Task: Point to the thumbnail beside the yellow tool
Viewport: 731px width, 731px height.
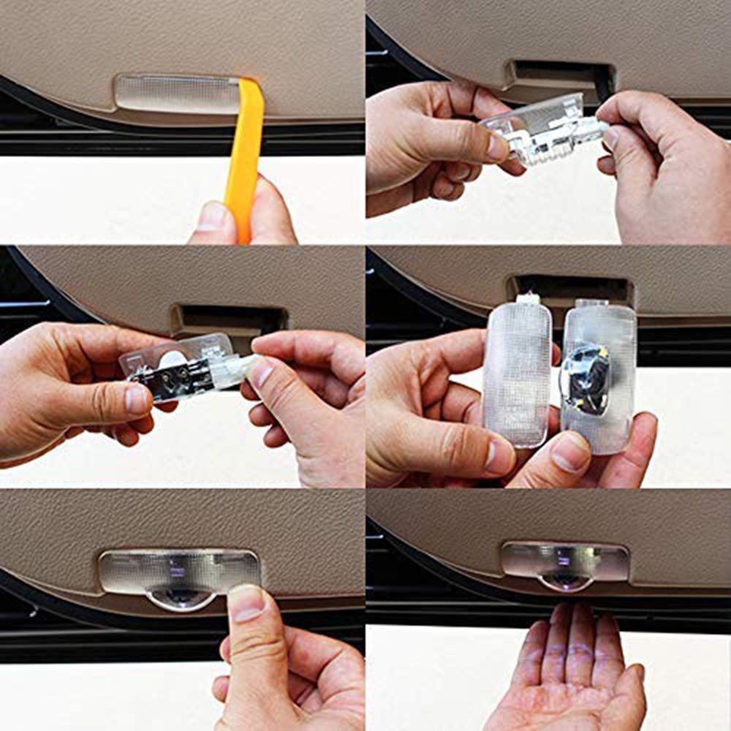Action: (213, 216)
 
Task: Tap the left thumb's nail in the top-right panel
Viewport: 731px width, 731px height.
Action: (498, 147)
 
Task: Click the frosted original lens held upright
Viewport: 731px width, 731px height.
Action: (518, 373)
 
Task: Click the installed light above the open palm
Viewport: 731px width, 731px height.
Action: (565, 561)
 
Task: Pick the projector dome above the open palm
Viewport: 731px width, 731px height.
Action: (564, 581)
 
